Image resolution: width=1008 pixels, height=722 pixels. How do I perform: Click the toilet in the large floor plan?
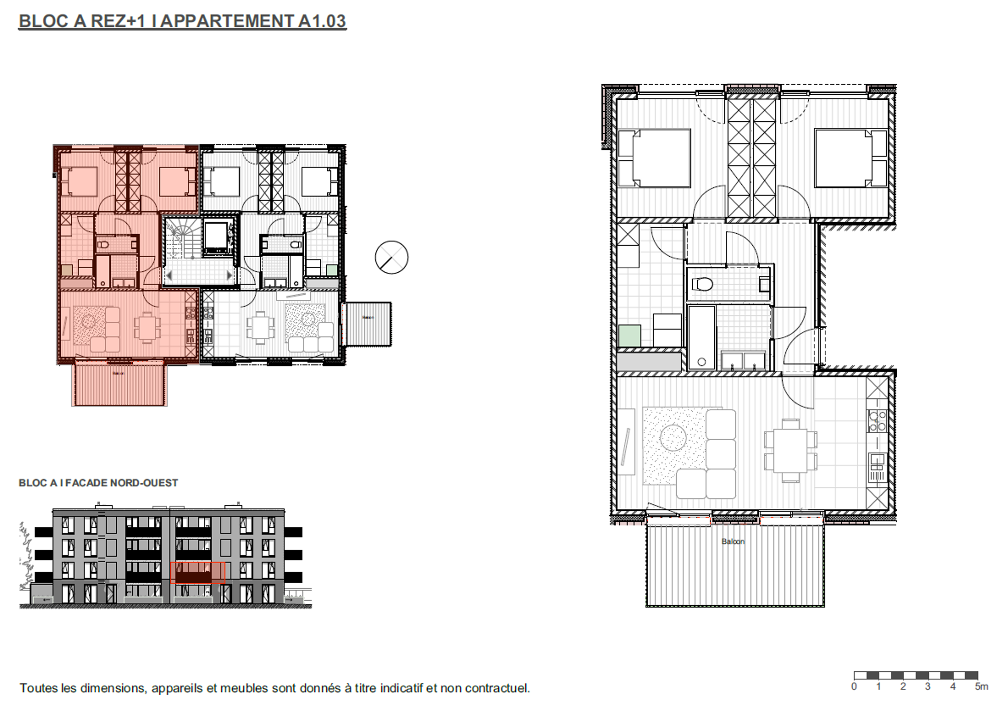pos(702,285)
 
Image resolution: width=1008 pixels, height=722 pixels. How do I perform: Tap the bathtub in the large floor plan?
pos(701,337)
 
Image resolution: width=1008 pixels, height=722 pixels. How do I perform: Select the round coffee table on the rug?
pos(673,438)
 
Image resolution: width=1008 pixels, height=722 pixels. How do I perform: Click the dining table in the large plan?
pos(790,450)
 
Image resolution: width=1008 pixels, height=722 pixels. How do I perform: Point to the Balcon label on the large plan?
pos(732,541)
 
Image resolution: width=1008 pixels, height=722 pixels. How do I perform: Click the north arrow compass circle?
pos(391,258)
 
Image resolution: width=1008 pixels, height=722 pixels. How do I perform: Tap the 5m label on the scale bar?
pos(981,687)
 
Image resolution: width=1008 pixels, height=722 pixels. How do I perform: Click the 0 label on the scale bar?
pos(854,687)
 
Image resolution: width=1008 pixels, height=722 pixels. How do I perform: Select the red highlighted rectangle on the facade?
pos(197,573)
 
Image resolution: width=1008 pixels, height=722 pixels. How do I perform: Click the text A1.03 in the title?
pos(322,21)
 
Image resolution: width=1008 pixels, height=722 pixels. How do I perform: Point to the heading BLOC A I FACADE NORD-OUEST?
pos(98,483)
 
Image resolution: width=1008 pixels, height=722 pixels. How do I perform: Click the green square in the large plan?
pos(630,336)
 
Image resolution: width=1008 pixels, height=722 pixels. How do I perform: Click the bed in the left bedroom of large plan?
pos(654,158)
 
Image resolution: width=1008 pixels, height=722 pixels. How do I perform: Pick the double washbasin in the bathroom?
pos(743,360)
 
